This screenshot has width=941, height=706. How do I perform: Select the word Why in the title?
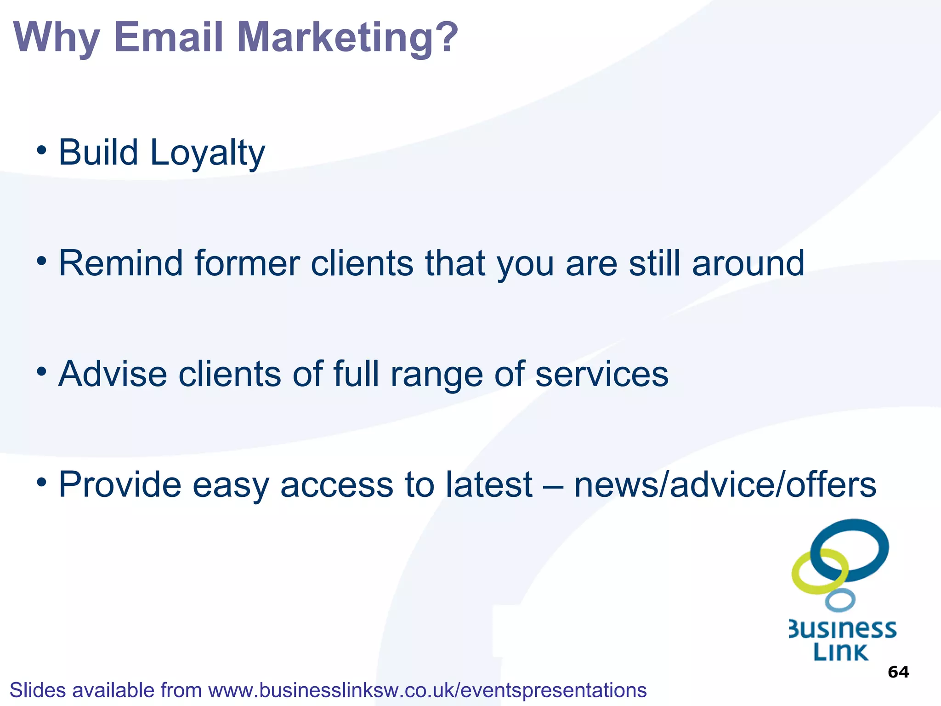click(x=57, y=38)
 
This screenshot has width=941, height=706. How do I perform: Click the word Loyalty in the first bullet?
click(x=207, y=153)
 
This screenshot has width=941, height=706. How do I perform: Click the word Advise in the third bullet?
click(x=113, y=374)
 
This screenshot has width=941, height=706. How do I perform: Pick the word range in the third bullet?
click(x=436, y=375)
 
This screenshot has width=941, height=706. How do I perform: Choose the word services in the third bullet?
click(x=602, y=374)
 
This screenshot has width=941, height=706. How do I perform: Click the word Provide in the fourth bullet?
click(x=120, y=484)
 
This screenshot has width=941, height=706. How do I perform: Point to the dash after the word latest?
click(x=553, y=485)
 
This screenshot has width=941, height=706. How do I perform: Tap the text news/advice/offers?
click(x=725, y=484)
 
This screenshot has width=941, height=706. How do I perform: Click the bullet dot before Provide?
click(x=42, y=482)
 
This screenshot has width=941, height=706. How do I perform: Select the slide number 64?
click(x=898, y=672)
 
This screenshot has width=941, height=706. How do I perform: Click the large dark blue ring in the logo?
click(x=873, y=529)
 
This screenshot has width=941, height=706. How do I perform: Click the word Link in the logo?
click(x=840, y=652)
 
